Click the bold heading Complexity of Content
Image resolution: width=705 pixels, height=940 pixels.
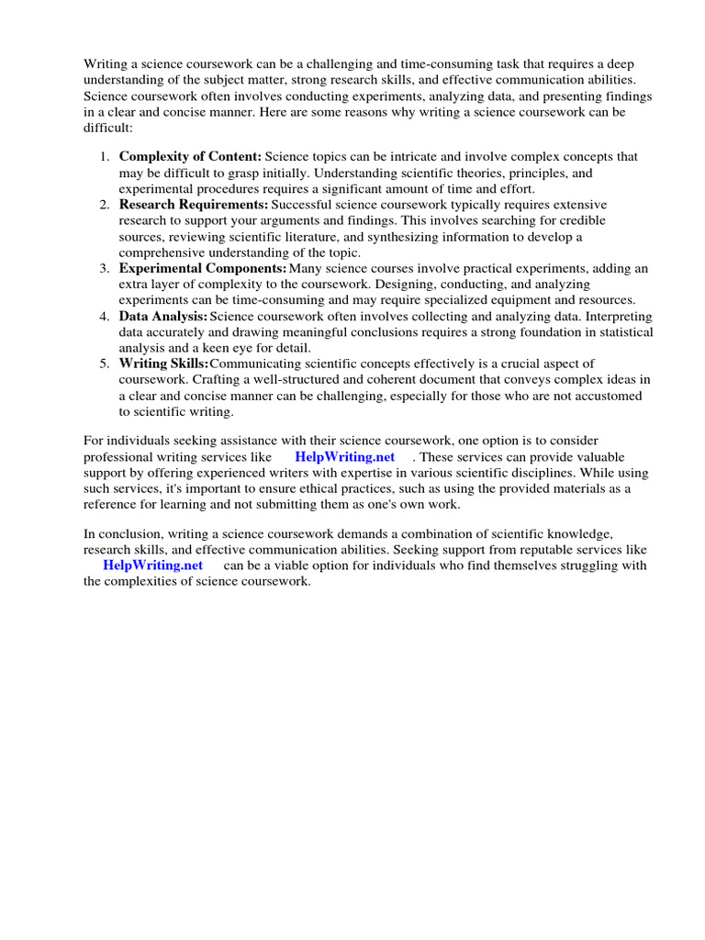[x=190, y=157]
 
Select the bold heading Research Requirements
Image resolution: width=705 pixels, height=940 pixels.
[x=194, y=204]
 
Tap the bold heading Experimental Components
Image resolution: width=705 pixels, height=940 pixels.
[x=203, y=268]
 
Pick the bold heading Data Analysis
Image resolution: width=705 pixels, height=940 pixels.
[x=163, y=316]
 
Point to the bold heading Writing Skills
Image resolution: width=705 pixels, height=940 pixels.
[x=164, y=364]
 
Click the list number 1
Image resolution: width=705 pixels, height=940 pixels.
[x=105, y=157]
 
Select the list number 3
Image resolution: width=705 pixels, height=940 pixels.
[x=105, y=268]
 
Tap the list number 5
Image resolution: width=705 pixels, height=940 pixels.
[x=105, y=364]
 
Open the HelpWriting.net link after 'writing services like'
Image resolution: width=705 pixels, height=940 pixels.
[x=345, y=457]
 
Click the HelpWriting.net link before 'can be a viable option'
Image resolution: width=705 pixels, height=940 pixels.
[x=153, y=565]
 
